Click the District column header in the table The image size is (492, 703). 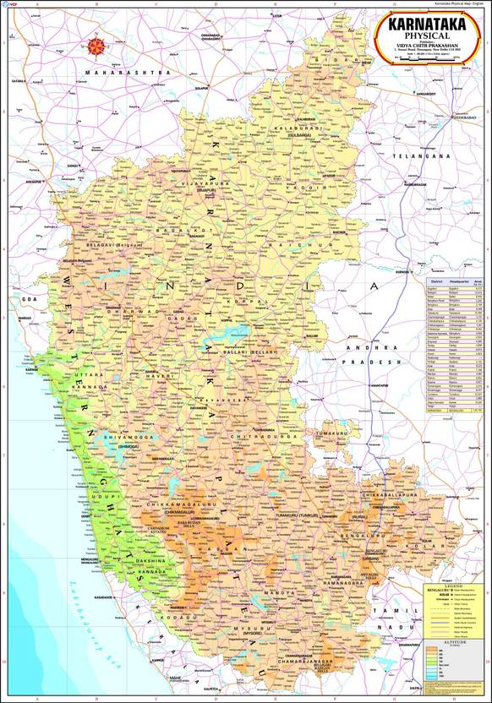[436, 281]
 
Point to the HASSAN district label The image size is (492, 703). [211, 550]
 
